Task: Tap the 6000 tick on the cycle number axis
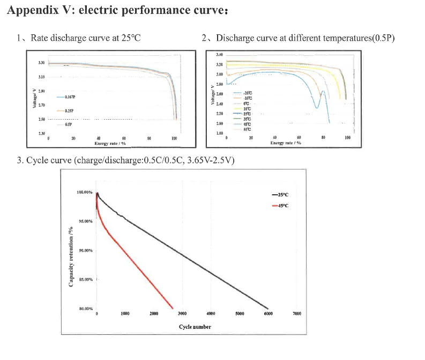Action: coord(269,313)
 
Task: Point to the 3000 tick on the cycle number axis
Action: coord(182,313)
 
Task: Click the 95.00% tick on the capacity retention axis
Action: coord(85,221)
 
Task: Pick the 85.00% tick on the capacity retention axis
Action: coord(85,280)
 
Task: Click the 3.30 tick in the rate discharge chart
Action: coord(42,63)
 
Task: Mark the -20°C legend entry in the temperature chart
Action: coord(247,93)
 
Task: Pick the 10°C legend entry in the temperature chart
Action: coord(247,109)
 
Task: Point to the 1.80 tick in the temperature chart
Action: coord(220,133)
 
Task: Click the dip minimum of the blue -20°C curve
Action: coord(317,108)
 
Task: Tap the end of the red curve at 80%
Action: coord(173,308)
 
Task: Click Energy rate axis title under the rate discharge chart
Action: coord(110,143)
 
